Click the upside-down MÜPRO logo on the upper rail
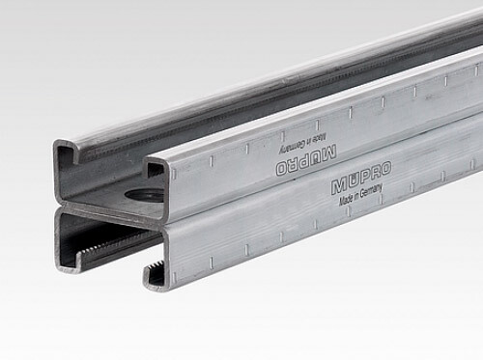click(306, 160)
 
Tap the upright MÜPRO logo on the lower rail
click(361, 178)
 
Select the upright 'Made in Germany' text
click(360, 195)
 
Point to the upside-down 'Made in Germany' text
click(303, 143)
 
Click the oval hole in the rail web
click(142, 194)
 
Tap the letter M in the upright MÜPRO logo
click(338, 186)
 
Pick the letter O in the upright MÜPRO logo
click(385, 169)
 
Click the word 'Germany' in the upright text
click(371, 191)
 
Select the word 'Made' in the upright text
click(346, 200)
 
